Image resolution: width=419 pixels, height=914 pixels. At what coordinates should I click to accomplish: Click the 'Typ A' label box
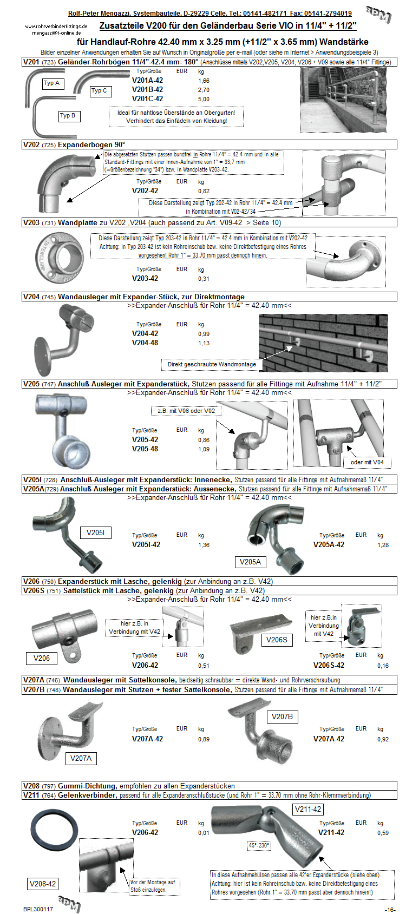click(x=53, y=83)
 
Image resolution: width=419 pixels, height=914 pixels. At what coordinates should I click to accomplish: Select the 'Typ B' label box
click(x=68, y=116)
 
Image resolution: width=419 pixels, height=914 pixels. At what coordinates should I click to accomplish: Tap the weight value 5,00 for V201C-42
click(x=204, y=99)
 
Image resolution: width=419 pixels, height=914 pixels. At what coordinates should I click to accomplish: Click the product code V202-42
click(x=145, y=190)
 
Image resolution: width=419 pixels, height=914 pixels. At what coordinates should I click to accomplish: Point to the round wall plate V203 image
click(x=57, y=259)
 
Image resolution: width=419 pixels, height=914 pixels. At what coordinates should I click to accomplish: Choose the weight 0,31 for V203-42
click(x=204, y=279)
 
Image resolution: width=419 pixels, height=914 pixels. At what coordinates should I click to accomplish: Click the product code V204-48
click(x=145, y=343)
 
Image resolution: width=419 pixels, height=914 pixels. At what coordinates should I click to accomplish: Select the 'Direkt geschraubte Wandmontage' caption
click(x=212, y=364)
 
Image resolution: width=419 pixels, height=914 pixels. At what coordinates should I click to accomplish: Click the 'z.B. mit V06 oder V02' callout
click(x=186, y=411)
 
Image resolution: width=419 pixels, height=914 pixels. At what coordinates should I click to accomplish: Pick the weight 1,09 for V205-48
click(x=204, y=449)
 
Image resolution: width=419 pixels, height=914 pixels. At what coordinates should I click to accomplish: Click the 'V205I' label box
click(x=96, y=532)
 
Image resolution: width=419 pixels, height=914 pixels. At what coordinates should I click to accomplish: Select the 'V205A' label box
click(x=250, y=562)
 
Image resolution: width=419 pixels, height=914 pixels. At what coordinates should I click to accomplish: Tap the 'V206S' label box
click(x=277, y=640)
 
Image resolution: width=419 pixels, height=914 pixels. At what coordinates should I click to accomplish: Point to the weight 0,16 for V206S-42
click(x=383, y=666)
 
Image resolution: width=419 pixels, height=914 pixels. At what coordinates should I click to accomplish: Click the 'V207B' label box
click(x=282, y=716)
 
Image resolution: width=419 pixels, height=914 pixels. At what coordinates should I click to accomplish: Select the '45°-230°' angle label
click(x=259, y=845)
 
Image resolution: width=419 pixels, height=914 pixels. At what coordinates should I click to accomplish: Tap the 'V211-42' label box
click(x=308, y=810)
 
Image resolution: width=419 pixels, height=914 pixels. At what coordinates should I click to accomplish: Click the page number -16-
click(x=390, y=909)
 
